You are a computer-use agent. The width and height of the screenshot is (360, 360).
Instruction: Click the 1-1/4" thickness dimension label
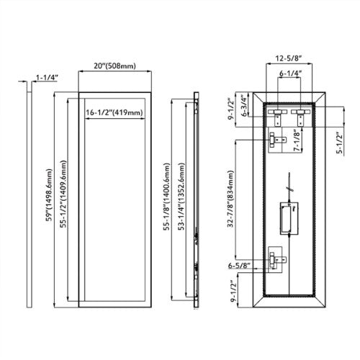[47, 78]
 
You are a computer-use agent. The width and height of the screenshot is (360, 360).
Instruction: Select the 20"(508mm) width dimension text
[114, 66]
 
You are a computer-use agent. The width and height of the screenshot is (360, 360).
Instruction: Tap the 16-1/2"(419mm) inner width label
[114, 112]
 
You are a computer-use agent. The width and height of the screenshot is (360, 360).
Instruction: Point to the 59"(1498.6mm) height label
[49, 194]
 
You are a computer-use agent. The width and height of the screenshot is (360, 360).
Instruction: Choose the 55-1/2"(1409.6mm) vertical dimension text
[63, 194]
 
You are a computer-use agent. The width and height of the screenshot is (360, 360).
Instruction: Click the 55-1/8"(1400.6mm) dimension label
[166, 197]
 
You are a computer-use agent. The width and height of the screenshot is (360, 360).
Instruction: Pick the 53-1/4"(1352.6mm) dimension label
[181, 197]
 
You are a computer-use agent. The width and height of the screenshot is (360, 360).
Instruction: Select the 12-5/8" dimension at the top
[289, 58]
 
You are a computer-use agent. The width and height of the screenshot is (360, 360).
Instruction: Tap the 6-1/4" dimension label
[290, 73]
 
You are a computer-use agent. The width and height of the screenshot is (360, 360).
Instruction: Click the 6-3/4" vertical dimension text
[244, 106]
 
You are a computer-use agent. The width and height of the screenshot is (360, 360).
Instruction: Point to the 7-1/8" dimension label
[297, 140]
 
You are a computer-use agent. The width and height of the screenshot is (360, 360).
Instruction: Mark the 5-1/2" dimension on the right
[340, 143]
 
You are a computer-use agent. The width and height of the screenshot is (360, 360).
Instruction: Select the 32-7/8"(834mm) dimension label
[230, 199]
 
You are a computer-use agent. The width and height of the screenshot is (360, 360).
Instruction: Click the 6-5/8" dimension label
[239, 266]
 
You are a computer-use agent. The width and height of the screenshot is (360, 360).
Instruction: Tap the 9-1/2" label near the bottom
[233, 291]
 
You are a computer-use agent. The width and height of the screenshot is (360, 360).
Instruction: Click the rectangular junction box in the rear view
[289, 218]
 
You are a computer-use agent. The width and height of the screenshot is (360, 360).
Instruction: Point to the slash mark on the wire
[289, 189]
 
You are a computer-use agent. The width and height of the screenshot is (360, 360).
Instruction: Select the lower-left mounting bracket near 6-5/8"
[276, 259]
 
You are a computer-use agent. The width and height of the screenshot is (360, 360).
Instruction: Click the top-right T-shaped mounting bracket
[300, 117]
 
